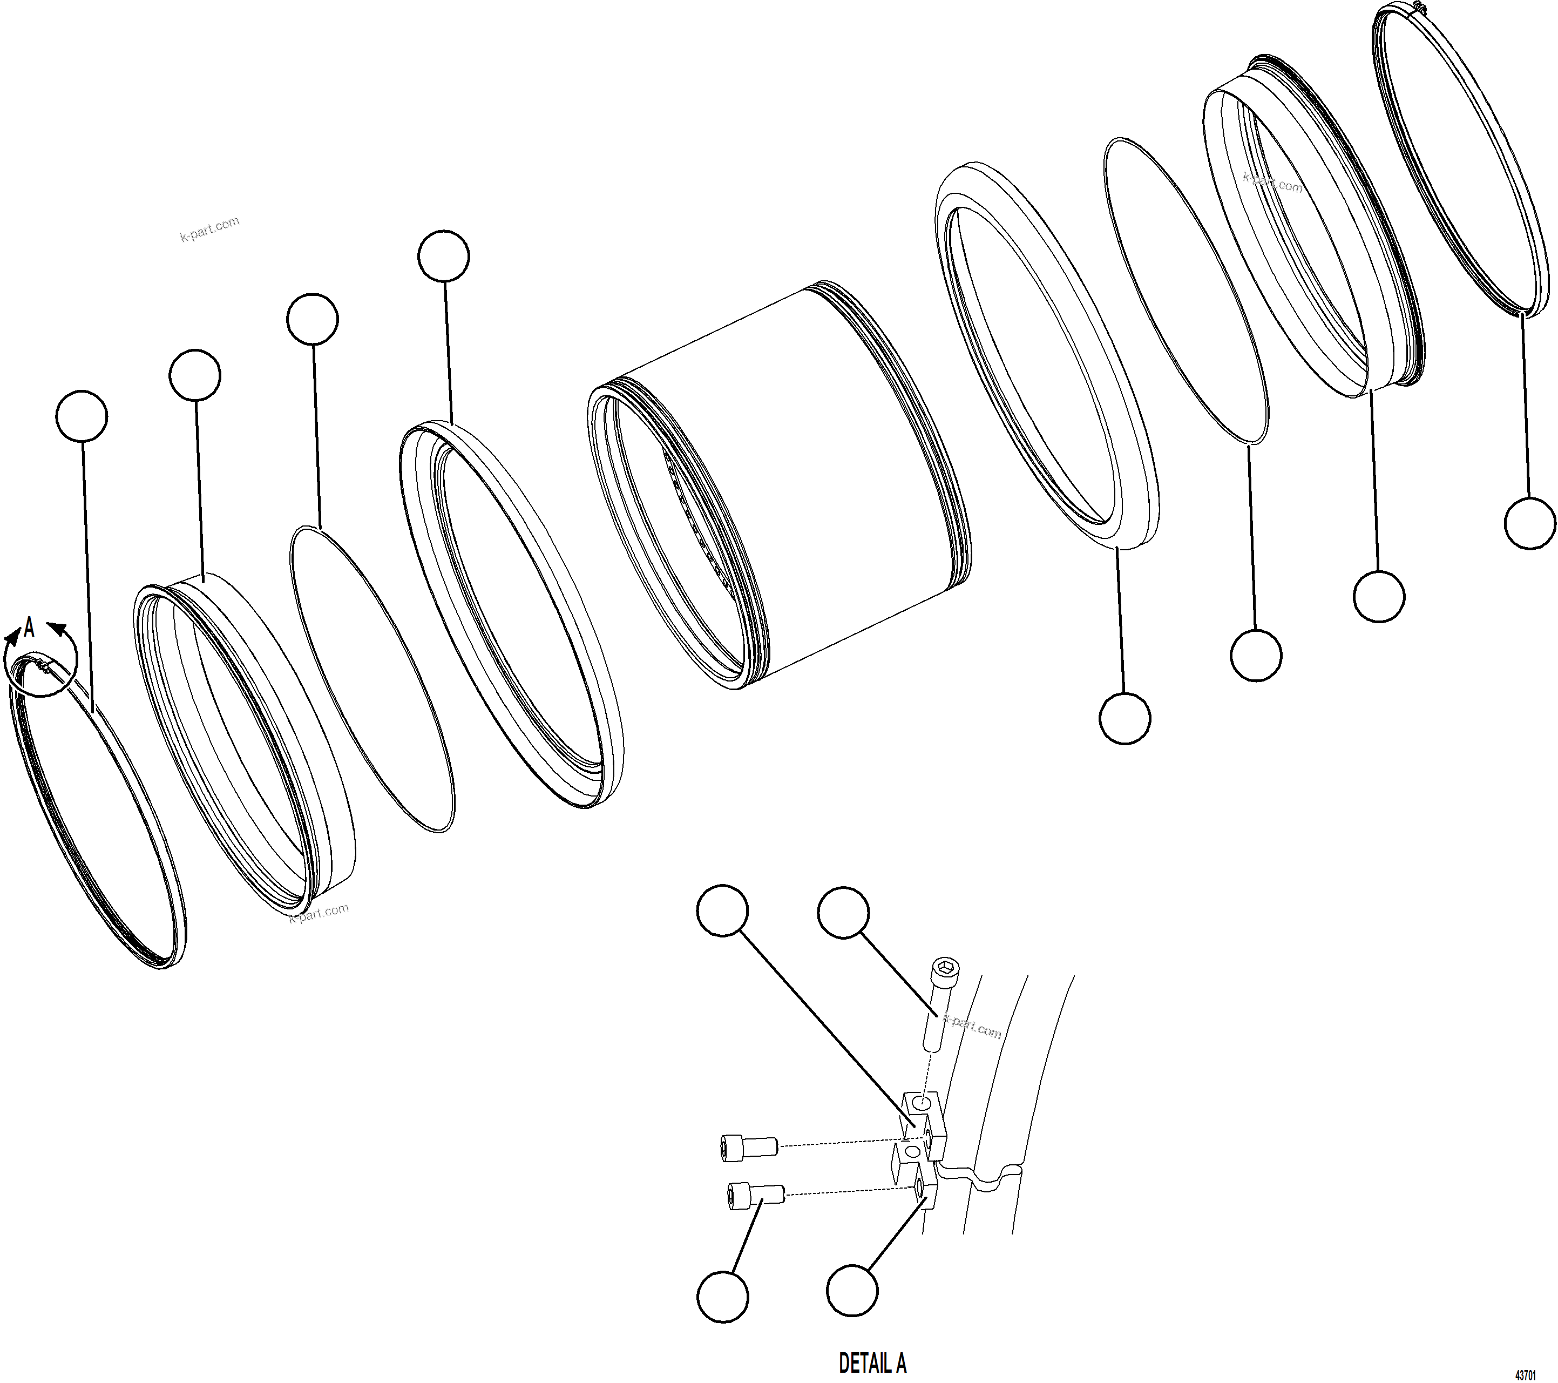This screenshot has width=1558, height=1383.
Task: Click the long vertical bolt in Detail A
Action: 940,1007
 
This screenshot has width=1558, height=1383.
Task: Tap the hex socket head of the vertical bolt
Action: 945,968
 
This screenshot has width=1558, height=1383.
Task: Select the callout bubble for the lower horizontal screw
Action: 723,1297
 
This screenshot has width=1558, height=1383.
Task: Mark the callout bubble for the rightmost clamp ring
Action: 1530,523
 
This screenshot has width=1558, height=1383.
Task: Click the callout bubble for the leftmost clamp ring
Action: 82,416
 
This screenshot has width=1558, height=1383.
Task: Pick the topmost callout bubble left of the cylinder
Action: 444,256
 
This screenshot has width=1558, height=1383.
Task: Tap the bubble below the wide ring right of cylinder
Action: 1125,718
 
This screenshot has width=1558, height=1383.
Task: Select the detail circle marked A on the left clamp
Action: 41,665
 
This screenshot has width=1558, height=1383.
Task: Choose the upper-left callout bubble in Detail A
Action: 723,910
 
